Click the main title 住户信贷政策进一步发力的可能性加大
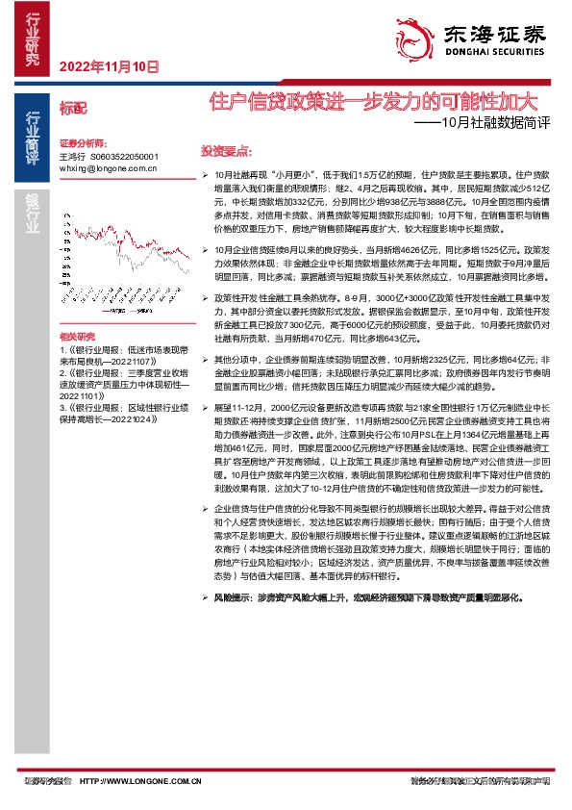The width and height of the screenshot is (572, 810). click(375, 100)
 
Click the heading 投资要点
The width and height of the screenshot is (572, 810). click(226, 152)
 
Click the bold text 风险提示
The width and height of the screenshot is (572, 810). click(234, 597)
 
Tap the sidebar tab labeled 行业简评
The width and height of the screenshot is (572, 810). click(34, 136)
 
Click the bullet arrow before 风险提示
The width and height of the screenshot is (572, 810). click(204, 597)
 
